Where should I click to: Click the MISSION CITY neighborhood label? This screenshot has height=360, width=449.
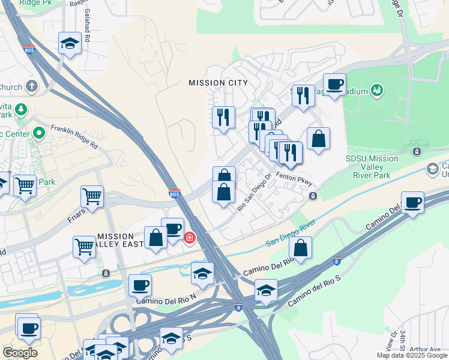tap(217, 82)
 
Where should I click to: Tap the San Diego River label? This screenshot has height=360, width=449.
tap(291, 235)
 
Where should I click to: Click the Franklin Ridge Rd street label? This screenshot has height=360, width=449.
tap(74, 136)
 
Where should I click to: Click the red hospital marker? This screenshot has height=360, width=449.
tap(190, 239)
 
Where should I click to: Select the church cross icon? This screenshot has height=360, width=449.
tap(31, 87)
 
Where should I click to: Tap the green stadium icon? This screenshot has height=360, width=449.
tap(377, 90)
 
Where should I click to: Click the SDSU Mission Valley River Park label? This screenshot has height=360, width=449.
tap(372, 167)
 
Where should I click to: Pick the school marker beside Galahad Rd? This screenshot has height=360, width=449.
tap(70, 43)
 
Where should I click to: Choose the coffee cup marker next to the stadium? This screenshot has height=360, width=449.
tap(334, 84)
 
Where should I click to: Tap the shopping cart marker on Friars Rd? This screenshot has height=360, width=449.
tap(92, 195)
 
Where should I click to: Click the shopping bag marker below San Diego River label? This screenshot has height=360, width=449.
tap(300, 247)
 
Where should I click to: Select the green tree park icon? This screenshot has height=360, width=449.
tap(22, 109)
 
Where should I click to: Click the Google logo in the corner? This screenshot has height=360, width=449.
tap(20, 352)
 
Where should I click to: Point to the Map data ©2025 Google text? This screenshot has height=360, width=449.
tap(412, 355)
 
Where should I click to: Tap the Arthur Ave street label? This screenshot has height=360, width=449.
tap(427, 349)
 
